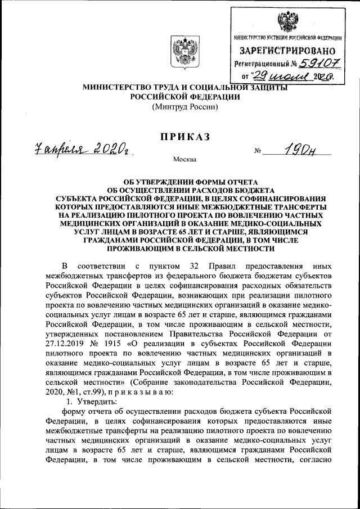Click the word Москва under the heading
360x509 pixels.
pyautogui.click(x=184, y=160)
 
